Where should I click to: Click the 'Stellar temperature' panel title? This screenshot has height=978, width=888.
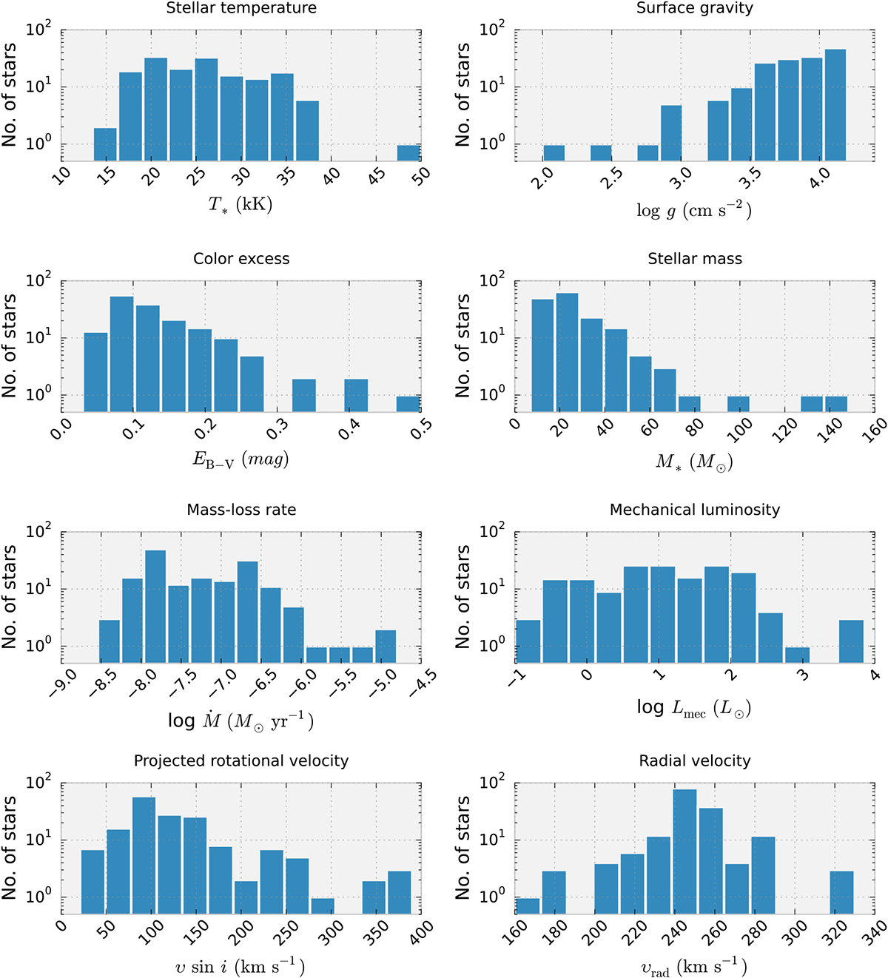pos(241,8)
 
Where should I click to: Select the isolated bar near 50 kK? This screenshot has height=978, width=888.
pos(408,152)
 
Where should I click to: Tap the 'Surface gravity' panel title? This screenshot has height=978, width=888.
pos(694,8)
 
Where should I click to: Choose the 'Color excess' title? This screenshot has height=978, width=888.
pos(241,259)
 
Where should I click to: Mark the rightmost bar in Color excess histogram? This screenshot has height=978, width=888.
pos(408,404)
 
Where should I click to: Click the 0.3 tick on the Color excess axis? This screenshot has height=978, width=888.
pos(278,429)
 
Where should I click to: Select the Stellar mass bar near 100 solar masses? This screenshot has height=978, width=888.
pos(738,404)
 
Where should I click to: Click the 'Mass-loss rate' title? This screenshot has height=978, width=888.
pos(241,510)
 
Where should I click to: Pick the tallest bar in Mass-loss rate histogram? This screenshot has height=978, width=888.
pos(155,607)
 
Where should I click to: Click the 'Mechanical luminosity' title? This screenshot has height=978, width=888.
pos(694,510)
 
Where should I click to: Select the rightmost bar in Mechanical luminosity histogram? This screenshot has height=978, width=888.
pos(851,641)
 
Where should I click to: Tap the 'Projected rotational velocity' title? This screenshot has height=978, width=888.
pos(241,761)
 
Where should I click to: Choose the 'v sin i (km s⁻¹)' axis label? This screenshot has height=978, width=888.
pos(241,965)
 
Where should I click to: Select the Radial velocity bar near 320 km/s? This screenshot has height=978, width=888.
pos(841,892)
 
